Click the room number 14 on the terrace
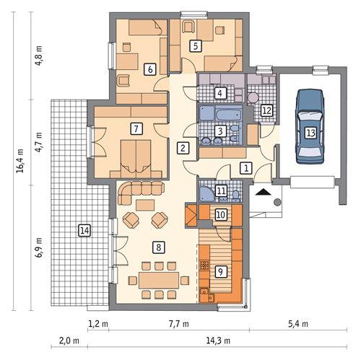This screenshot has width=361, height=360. [x=84, y=231]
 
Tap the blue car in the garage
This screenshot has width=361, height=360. [x=310, y=126]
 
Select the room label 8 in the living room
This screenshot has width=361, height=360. [x=159, y=247]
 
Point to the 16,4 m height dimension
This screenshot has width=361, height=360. [x=20, y=161]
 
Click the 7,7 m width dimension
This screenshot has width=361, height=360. [x=178, y=324]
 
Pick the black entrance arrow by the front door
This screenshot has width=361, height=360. [x=263, y=192]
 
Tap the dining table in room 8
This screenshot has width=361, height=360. [x=159, y=280]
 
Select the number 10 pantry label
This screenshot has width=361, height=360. [x=220, y=214]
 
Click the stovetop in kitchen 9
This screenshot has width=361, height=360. [x=204, y=265]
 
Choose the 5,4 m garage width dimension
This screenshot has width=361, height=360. [x=298, y=324]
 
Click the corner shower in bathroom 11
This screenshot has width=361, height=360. [x=206, y=193]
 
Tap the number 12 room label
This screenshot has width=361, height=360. [x=267, y=110]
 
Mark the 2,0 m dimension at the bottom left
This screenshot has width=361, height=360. [x=69, y=341]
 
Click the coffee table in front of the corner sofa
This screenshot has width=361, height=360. [x=145, y=205]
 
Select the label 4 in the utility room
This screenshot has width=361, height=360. [x=219, y=93]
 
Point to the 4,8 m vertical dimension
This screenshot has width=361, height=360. [x=38, y=56]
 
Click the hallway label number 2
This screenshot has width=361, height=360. [x=183, y=148]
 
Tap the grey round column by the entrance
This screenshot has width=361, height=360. [x=277, y=202]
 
